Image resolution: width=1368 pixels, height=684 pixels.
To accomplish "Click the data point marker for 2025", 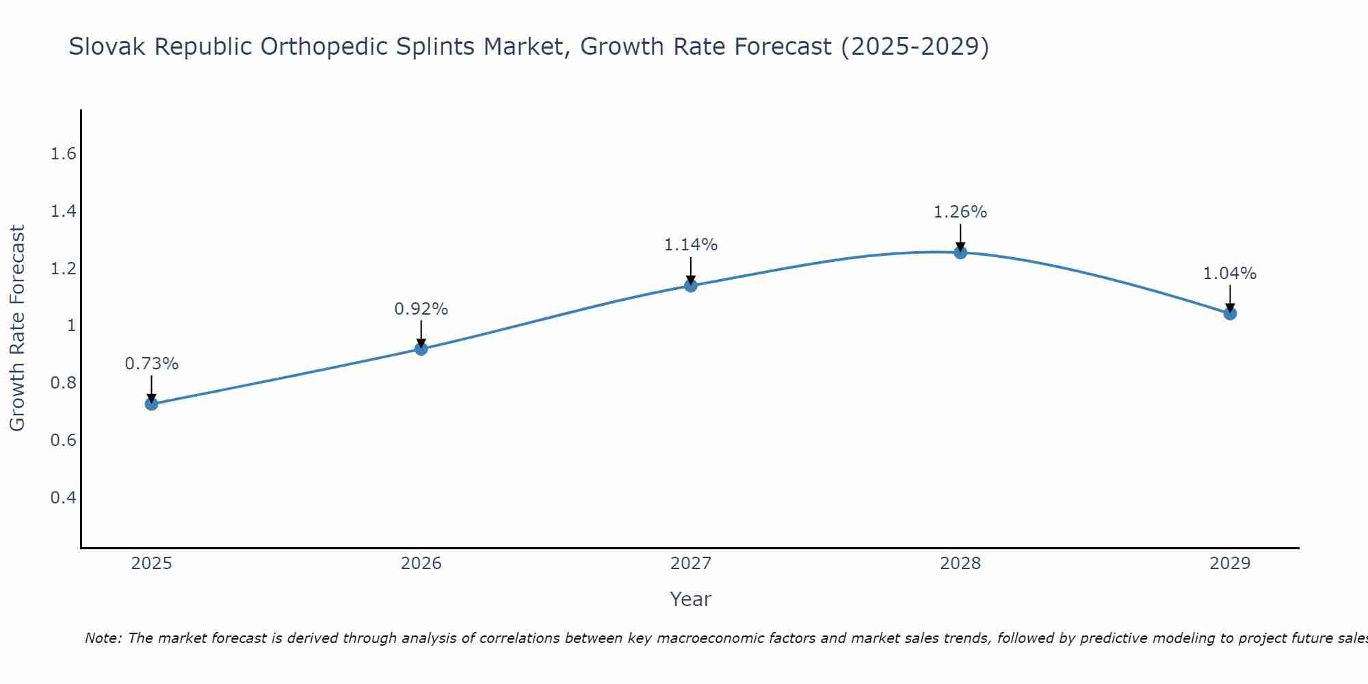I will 152,404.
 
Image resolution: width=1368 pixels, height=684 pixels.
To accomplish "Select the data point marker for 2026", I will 421,349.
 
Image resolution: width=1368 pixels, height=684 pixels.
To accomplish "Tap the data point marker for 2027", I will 691,285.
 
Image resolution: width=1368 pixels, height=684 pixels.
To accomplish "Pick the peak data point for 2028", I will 960,252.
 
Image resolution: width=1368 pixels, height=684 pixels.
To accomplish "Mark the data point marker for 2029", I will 1230,314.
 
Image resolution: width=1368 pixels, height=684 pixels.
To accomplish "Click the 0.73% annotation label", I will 152,364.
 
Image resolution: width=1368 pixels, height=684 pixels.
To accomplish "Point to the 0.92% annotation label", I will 421,309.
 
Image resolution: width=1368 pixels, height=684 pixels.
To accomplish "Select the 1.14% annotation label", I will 691,245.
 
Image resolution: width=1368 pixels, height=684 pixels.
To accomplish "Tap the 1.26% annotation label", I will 960,212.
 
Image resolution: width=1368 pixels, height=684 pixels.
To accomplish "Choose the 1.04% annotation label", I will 1230,274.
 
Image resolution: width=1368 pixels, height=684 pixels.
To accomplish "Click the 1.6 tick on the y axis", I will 64,154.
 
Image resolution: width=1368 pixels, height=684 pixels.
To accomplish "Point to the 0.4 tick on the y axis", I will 64,497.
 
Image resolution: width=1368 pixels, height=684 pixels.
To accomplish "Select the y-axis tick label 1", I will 71,326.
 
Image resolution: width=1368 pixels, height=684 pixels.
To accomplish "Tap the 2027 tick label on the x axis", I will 691,564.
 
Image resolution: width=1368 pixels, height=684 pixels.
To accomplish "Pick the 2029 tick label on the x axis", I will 1230,564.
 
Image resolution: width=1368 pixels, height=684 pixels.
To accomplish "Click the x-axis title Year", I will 691,599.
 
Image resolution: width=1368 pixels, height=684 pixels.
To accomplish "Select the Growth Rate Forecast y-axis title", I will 17,328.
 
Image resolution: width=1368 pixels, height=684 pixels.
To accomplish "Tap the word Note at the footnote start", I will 103,639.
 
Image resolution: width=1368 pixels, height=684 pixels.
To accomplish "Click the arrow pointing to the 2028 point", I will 960,238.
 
